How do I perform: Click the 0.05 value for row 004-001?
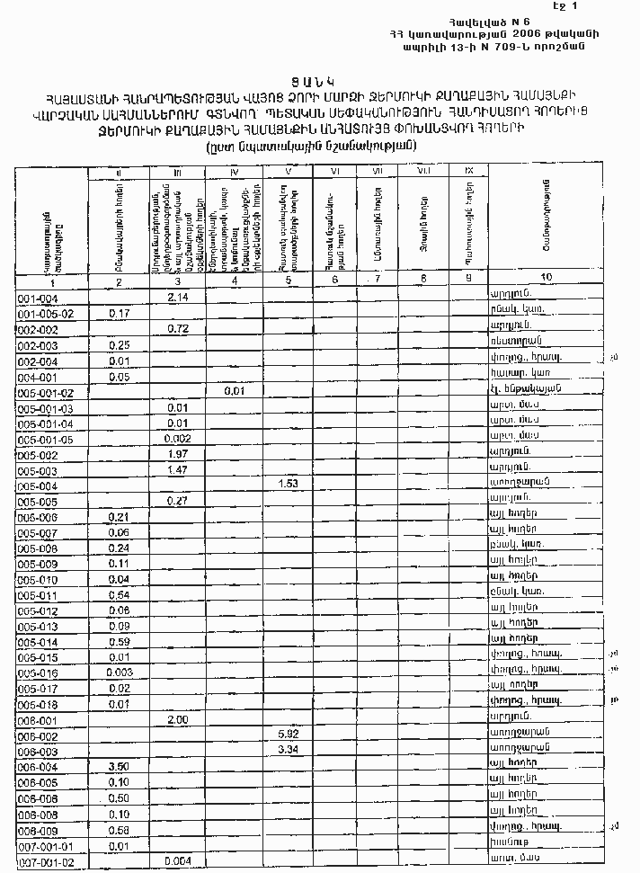point(119,377)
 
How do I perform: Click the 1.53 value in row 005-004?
point(289,485)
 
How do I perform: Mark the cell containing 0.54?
point(119,595)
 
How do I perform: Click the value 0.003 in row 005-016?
point(119,673)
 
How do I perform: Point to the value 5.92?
point(289,735)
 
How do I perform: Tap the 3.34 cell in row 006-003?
point(289,750)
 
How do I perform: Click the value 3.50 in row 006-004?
point(119,766)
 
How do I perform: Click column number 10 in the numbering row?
point(547,278)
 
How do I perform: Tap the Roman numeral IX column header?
point(469,171)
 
